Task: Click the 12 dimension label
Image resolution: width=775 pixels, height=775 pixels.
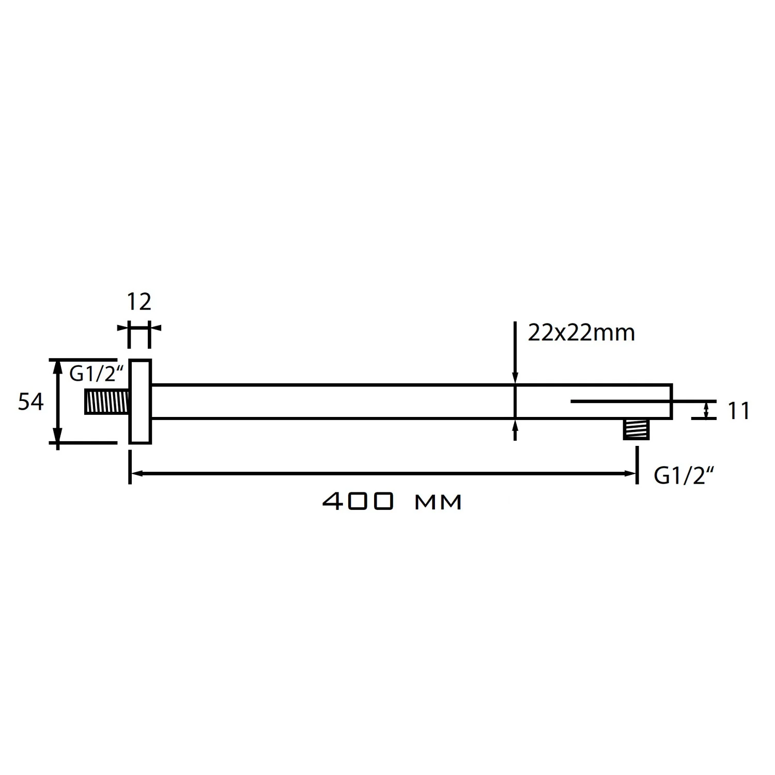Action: (139, 302)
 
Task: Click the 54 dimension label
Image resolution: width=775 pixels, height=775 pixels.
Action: (30, 401)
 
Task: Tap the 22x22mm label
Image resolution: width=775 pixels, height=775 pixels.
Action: (581, 333)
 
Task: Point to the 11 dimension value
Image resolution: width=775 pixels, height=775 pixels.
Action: (739, 411)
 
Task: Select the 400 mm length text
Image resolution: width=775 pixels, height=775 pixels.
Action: (392, 501)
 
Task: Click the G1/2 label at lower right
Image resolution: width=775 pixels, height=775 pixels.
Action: (680, 476)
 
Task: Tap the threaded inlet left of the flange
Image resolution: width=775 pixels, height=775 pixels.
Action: (106, 402)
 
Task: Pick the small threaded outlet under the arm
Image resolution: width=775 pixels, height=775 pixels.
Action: (636, 429)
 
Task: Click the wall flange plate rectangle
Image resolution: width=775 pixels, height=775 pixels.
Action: (140, 401)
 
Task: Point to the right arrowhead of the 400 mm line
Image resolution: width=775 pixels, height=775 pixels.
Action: (630, 473)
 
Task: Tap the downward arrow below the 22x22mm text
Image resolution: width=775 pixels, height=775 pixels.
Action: (515, 379)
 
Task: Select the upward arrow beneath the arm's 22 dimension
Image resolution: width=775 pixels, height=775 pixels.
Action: (515, 425)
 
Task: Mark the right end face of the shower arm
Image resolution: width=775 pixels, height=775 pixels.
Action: (671, 401)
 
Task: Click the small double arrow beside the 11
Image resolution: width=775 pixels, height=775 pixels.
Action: (706, 410)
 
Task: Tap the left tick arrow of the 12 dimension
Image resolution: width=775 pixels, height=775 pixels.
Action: (122, 328)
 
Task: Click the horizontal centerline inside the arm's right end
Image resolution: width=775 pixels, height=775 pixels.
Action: (620, 401)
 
